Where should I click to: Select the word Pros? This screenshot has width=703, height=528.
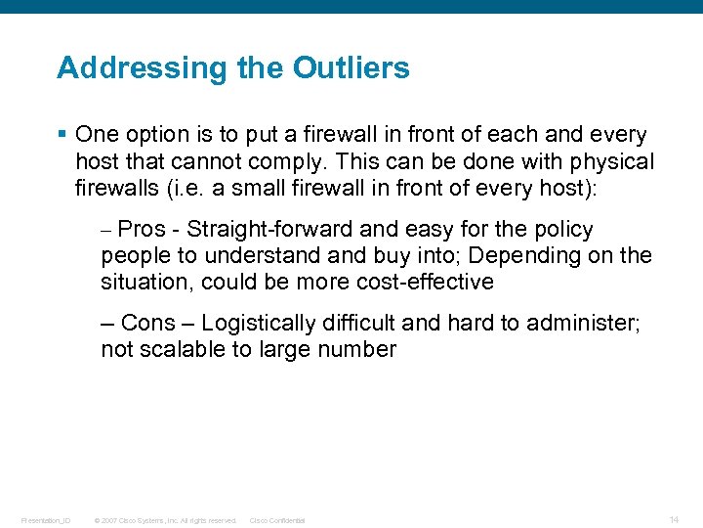click(x=142, y=230)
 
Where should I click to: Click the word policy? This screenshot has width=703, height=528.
click(x=560, y=230)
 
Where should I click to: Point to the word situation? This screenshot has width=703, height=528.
click(x=140, y=283)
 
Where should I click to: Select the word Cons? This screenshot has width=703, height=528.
click(x=147, y=324)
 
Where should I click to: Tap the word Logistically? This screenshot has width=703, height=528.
click(x=259, y=324)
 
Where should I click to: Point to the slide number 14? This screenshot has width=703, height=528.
click(x=674, y=518)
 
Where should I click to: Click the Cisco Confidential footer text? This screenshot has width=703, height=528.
click(x=277, y=520)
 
